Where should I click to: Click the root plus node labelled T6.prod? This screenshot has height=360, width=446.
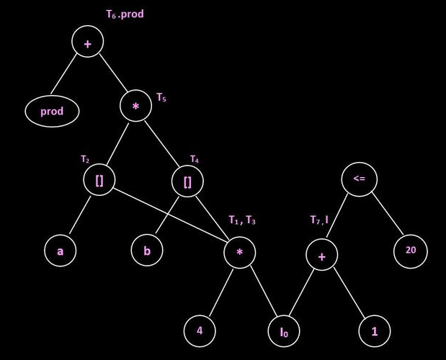click(x=87, y=44)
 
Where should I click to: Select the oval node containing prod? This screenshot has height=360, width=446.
click(x=52, y=112)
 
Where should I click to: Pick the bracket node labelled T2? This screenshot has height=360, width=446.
click(x=99, y=181)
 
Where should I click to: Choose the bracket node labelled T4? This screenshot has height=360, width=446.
click(x=188, y=181)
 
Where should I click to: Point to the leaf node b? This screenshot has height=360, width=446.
click(x=147, y=252)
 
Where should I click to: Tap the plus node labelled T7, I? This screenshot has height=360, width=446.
click(x=321, y=256)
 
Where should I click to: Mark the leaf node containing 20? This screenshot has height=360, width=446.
click(x=411, y=251)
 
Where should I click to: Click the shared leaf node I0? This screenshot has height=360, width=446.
click(x=284, y=332)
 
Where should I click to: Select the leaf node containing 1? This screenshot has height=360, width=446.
click(x=375, y=330)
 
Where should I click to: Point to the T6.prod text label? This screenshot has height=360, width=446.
click(x=125, y=14)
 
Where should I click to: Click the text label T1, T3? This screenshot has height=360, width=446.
click(x=242, y=220)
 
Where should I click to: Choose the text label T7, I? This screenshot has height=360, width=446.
click(x=319, y=220)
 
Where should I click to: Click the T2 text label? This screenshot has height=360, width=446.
click(x=85, y=158)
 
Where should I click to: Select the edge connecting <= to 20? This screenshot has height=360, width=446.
click(x=385, y=215)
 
